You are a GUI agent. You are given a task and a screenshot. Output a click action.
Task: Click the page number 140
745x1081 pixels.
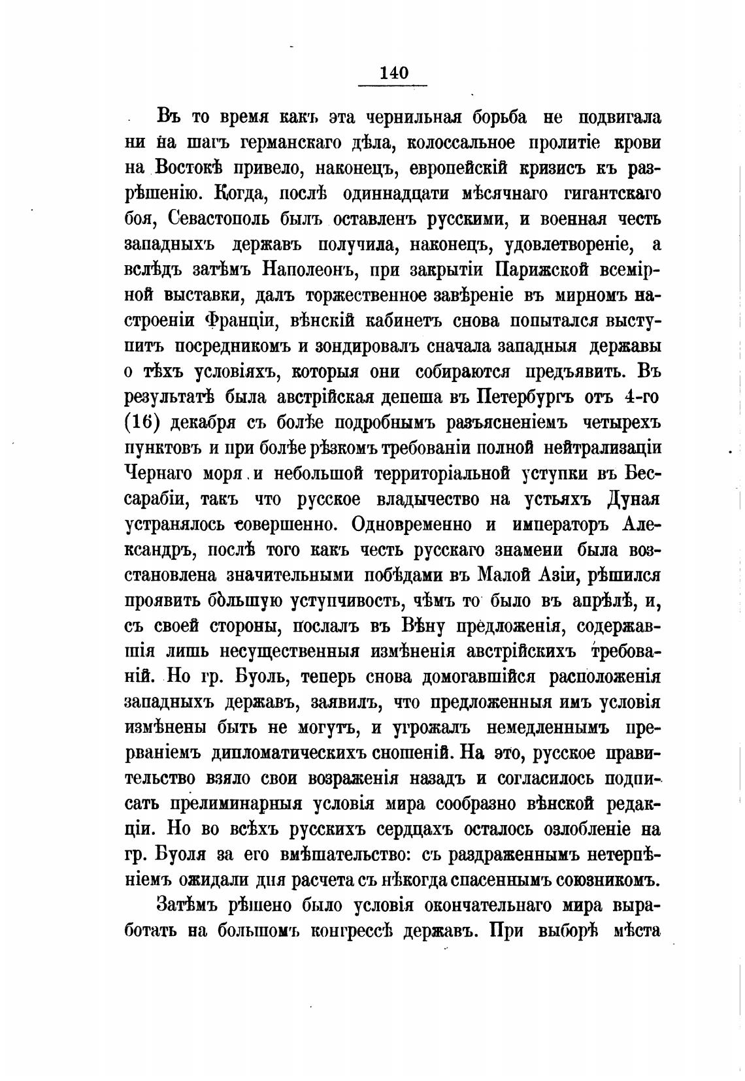click(393, 73)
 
